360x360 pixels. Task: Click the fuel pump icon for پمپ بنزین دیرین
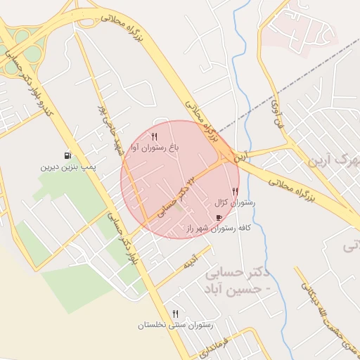point(67,155)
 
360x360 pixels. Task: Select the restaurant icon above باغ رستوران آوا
point(155,136)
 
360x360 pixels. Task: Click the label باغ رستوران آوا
point(158,148)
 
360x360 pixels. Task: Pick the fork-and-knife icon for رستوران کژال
point(235,191)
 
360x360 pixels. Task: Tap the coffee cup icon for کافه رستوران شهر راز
point(219,217)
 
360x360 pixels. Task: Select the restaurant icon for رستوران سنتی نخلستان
point(175,314)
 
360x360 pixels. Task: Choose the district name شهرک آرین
point(330,160)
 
